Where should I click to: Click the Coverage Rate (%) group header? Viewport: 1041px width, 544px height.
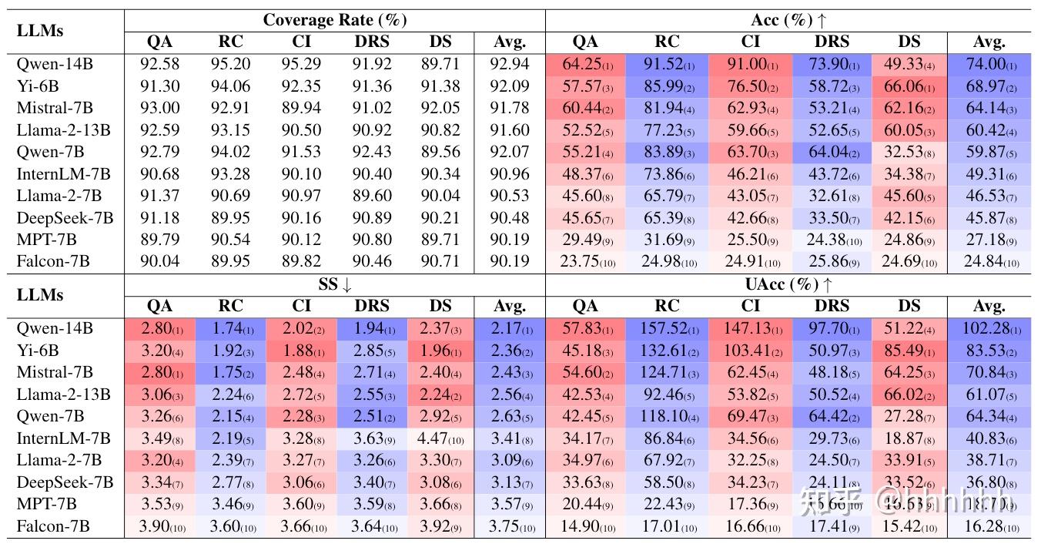pyautogui.click(x=335, y=20)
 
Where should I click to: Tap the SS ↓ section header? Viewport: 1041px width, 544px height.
pyautogui.click(x=335, y=284)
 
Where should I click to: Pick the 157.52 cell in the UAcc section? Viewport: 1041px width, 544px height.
pyautogui.click(x=667, y=328)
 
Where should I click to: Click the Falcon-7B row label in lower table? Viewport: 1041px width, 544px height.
pyautogui.click(x=53, y=526)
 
